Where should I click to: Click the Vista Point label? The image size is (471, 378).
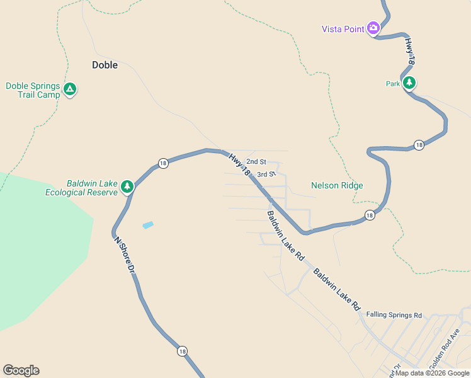pos(343,28)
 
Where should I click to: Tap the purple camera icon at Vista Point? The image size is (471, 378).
pos(373,28)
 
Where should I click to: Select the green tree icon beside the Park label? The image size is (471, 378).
pos(409,82)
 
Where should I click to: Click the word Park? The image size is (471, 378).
pos(393,83)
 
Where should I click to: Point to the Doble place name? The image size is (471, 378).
pos(105,64)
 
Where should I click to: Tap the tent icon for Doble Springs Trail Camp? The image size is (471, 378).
pos(70,90)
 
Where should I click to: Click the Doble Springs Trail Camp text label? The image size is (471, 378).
pos(33,90)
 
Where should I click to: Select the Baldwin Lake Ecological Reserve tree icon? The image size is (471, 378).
pos(127,186)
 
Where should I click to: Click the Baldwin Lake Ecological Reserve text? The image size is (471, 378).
pos(81,188)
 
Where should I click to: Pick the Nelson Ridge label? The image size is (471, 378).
pos(337,185)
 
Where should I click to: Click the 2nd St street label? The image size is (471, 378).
pos(256,162)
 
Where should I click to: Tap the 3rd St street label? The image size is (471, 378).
pos(267,174)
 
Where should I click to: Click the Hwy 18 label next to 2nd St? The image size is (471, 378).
pos(239,164)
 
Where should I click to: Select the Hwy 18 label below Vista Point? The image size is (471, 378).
pos(410,52)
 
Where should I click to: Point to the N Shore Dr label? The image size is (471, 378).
pos(125,255)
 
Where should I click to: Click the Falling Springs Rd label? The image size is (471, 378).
pos(394,314)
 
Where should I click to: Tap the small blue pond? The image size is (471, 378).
pos(148,225)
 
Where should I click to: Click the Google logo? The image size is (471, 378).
pos(21,370)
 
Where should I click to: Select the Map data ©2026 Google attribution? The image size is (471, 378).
pos(432,373)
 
